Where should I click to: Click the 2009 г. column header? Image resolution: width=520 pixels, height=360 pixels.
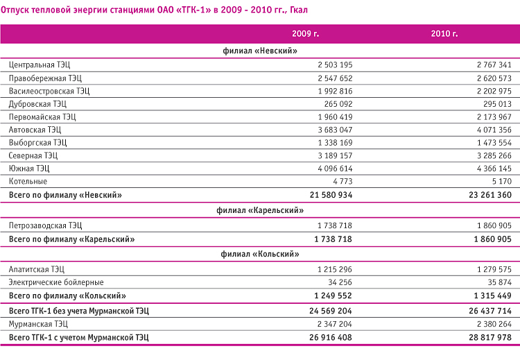306,33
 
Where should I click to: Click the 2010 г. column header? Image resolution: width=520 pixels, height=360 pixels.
444,33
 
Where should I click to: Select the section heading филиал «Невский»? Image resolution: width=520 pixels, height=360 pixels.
260,51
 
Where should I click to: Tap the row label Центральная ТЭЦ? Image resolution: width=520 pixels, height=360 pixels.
40,65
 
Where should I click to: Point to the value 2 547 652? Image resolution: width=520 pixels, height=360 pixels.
335,78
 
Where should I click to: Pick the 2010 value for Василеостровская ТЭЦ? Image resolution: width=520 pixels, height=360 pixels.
494,92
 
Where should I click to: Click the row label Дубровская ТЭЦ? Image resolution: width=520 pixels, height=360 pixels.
37,104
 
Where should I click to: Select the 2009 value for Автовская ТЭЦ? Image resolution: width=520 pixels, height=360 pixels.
335,130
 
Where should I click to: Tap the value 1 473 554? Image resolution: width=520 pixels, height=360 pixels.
494,143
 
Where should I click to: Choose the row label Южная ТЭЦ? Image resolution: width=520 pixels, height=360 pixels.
29,169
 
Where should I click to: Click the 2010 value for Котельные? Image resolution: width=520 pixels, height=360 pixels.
502,182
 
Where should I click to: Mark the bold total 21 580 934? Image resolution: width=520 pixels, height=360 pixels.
331,195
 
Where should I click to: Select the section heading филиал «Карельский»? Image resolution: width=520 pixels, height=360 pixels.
260,210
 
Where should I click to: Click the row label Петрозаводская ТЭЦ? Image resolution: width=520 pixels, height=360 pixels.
45,225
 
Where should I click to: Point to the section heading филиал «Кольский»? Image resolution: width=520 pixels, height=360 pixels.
260,254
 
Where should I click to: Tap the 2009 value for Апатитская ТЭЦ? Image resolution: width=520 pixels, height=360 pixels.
335,269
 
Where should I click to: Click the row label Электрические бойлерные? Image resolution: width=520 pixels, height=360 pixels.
56,282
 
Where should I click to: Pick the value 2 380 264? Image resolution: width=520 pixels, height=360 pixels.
494,324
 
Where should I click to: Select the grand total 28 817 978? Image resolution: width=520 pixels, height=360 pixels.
490,337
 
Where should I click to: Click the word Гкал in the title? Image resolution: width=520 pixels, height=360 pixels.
299,10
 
